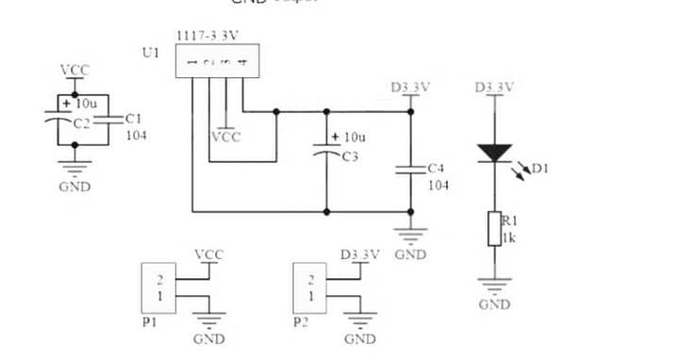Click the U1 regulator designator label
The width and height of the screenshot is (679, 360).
pos(150,53)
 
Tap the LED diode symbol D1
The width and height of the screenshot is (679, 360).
pos(494,151)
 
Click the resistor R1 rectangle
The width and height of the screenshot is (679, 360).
pos(494,229)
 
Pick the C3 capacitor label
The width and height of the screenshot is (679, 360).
pos(350,156)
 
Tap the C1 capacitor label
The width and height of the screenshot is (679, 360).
pos(133,119)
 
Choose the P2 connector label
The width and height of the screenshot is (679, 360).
pos(301,321)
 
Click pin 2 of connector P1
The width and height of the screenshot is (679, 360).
pos(160,280)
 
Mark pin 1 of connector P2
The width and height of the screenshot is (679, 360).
pos(312,297)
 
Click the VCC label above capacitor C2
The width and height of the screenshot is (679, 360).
pos(75,71)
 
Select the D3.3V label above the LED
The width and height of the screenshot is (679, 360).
pos(494,88)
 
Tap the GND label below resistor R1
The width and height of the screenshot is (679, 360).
pos(494,304)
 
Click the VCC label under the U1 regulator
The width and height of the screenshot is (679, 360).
pos(225,137)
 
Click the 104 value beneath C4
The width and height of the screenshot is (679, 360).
pos(439,185)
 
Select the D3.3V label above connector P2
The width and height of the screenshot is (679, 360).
pos(359,255)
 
